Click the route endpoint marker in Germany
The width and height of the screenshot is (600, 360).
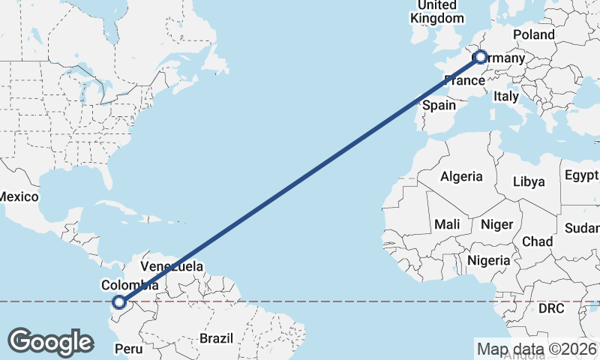480,57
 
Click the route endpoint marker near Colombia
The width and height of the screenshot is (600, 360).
118,302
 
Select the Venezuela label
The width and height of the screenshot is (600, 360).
172,266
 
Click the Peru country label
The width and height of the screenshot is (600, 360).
127,349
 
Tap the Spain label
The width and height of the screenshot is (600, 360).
439,105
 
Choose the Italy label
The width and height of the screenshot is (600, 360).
506,97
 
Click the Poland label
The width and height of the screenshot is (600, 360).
534,34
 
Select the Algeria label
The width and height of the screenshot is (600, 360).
461,177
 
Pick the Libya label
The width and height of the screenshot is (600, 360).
529,181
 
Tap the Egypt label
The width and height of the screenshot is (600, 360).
581,175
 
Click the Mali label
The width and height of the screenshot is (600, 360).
447,223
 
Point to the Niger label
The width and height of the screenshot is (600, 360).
496,223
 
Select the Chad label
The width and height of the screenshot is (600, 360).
537,241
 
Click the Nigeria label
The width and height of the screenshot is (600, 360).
487,261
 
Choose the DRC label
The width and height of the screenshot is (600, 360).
551,308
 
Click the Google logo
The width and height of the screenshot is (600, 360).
50,342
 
